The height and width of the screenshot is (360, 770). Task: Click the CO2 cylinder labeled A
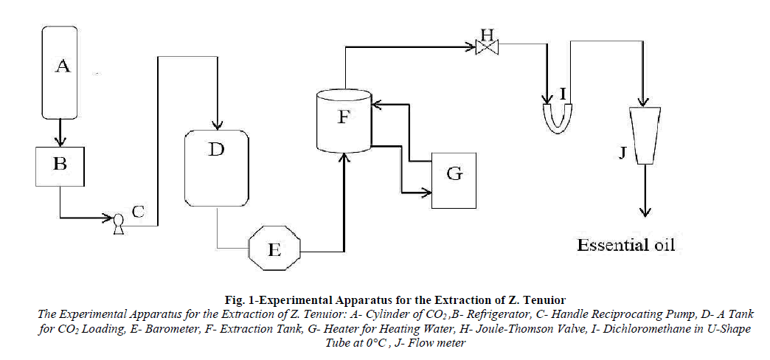tap(62, 72)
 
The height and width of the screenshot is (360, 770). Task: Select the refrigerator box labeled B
tap(61, 165)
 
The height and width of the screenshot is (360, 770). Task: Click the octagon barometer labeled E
tap(274, 249)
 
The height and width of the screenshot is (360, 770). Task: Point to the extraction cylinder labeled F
tap(344, 120)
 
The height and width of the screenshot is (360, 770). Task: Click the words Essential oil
tap(625, 245)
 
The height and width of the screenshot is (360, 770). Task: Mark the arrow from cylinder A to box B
tap(62, 133)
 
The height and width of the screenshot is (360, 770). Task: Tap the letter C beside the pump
tap(138, 210)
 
